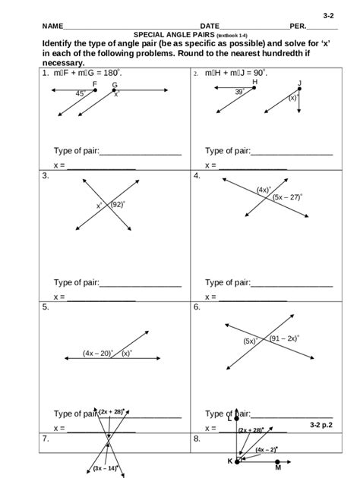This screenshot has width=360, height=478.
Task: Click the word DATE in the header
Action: pyautogui.click(x=209, y=26)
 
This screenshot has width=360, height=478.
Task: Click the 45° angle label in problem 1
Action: pyautogui.click(x=81, y=93)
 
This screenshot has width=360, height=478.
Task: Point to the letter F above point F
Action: pyautogui.click(x=94, y=84)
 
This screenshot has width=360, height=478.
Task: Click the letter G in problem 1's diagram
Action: pyautogui.click(x=115, y=85)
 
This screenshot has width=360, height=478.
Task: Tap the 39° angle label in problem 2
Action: pyautogui.click(x=239, y=91)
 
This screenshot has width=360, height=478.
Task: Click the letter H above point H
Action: pyautogui.click(x=255, y=81)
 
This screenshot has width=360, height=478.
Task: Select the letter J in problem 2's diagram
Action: pyautogui.click(x=300, y=83)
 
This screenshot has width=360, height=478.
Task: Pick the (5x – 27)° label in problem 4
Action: pyautogui.click(x=288, y=197)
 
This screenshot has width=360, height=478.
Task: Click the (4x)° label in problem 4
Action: pyautogui.click(x=264, y=189)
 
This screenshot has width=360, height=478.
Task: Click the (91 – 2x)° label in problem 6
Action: pyautogui.click(x=285, y=338)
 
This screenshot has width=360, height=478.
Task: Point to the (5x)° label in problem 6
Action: pyautogui.click(x=251, y=341)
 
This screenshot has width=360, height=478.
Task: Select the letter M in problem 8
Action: pyautogui.click(x=279, y=468)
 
